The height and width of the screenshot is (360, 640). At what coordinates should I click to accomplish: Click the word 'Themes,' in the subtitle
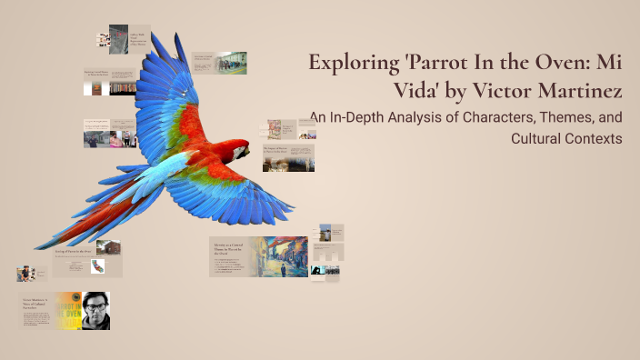point(585,117)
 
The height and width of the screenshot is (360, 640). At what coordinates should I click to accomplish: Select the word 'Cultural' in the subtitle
point(536,138)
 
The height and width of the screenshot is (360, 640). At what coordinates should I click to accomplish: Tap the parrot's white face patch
point(242,149)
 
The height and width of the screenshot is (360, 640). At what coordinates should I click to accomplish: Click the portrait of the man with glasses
point(95,310)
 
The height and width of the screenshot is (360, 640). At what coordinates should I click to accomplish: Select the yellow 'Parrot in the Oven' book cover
point(67,310)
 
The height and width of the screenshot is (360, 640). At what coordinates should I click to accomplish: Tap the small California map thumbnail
point(98,266)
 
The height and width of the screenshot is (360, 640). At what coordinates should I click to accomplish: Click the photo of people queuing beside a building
point(231,63)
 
